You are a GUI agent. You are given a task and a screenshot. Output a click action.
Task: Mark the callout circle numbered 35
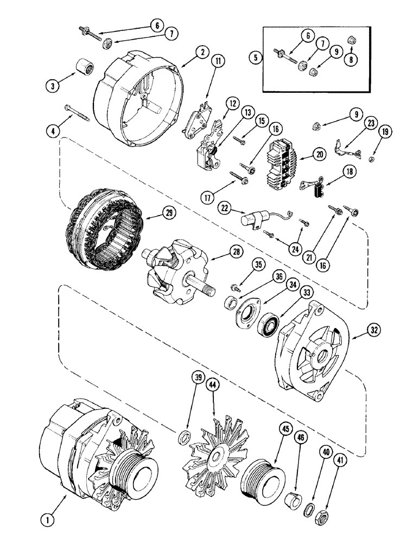pyautogui.click(x=259, y=266)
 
